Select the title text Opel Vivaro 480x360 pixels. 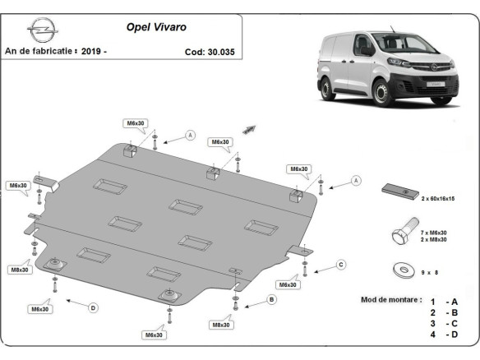point(155,26)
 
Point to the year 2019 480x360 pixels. point(93,51)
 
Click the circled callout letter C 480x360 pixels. point(341,265)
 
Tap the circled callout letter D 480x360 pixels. point(93,307)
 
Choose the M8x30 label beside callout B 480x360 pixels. point(221,325)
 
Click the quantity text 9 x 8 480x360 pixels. point(431,270)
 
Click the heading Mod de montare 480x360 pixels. point(391,300)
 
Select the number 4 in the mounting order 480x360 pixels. point(432,335)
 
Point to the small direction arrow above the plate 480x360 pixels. point(249,129)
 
